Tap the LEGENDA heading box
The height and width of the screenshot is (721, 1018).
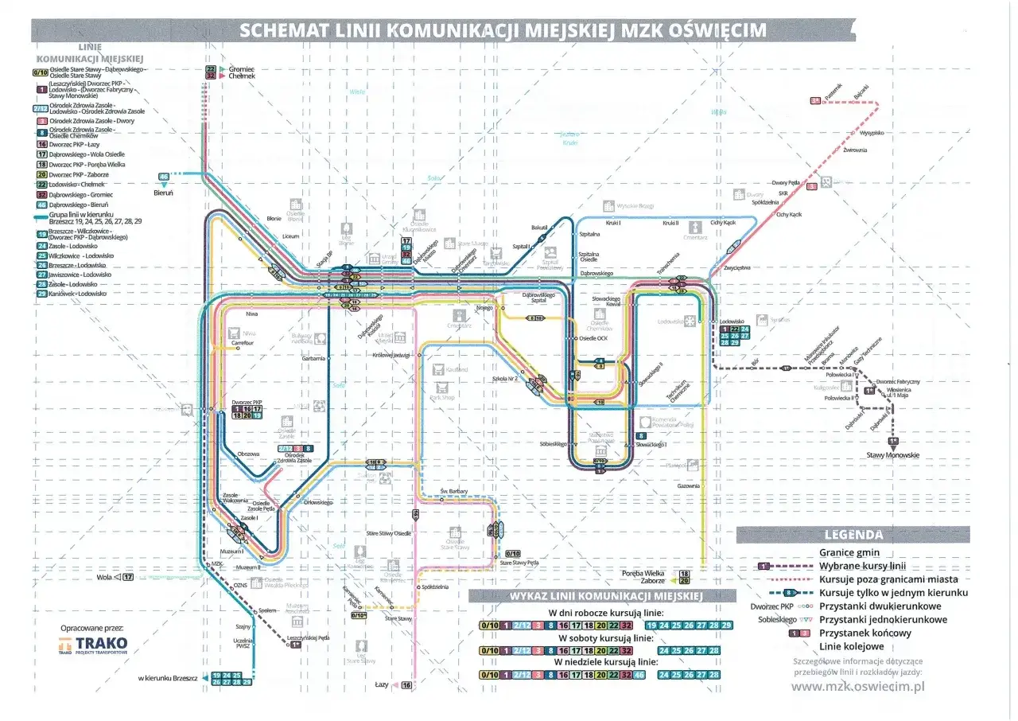(853, 535)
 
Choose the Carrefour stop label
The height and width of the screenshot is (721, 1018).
(243, 343)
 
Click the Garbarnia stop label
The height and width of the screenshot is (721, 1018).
(313, 359)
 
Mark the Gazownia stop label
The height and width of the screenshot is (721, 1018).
(688, 486)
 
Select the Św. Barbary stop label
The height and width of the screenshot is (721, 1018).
(454, 492)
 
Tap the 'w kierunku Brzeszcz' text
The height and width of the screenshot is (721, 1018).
(167, 677)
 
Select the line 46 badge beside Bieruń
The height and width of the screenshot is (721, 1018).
(165, 177)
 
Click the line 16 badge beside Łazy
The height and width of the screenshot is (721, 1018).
(406, 684)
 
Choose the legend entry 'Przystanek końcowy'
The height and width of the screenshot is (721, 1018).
(865, 633)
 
